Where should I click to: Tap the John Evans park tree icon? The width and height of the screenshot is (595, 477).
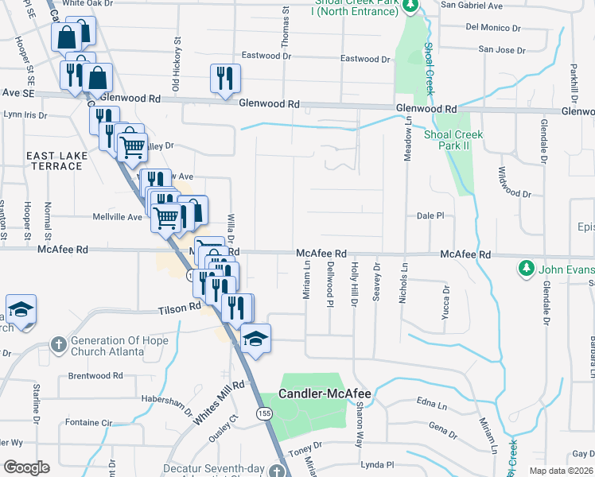tap(525, 269)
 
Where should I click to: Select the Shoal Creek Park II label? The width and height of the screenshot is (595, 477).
tap(453, 140)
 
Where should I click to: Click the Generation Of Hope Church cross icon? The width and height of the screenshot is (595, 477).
tap(58, 345)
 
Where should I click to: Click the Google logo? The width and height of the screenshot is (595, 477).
tap(26, 467)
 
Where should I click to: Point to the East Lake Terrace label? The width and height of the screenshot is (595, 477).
tap(53, 161)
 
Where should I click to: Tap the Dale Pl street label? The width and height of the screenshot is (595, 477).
tap(430, 215)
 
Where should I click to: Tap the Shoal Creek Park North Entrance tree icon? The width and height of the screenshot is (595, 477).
tap(410, 7)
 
